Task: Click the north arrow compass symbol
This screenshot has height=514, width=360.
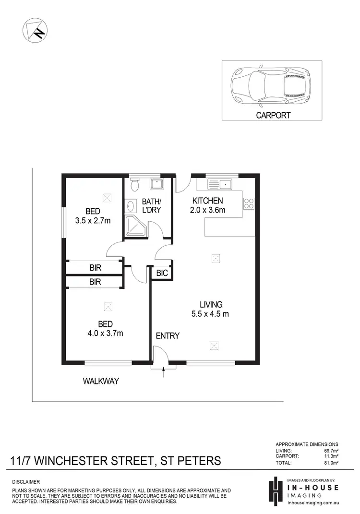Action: pyautogui.click(x=34, y=30)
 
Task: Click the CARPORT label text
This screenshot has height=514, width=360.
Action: pyautogui.click(x=273, y=115)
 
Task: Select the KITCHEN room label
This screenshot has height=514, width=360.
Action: pyautogui.click(x=207, y=201)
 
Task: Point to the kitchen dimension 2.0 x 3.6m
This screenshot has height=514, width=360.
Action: pyautogui.click(x=208, y=210)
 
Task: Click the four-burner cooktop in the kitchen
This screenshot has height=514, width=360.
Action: pyautogui.click(x=249, y=203)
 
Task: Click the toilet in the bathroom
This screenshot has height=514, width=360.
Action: pyautogui.click(x=134, y=184)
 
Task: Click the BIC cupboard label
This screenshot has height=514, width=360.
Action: pyautogui.click(x=162, y=273)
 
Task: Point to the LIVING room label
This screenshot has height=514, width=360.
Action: pyautogui.click(x=211, y=304)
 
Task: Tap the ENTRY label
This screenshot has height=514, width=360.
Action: pyautogui.click(x=168, y=336)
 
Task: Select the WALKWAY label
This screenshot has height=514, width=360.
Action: pyautogui.click(x=101, y=382)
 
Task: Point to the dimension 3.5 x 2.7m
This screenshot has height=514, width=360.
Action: pyautogui.click(x=93, y=221)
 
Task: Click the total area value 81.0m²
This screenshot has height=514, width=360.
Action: pyautogui.click(x=331, y=476)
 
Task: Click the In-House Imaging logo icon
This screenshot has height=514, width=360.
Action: pyautogui.click(x=275, y=490)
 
